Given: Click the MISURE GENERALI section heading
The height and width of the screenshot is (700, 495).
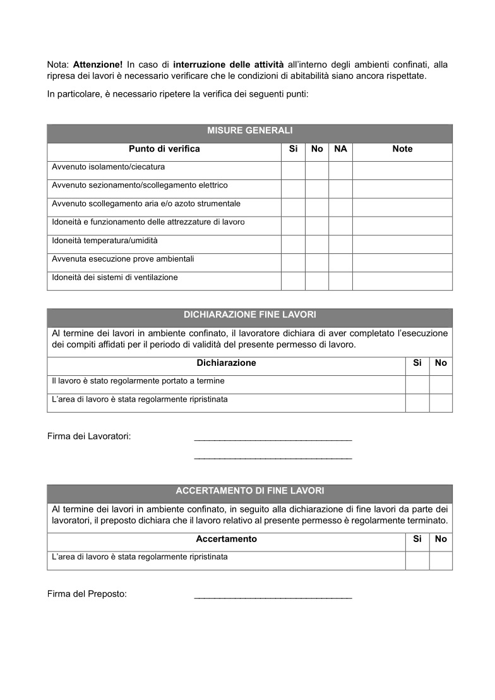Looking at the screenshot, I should [x=249, y=131].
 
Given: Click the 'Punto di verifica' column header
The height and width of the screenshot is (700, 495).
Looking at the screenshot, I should [x=164, y=149].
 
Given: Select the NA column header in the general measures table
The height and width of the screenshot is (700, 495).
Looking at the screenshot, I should [x=340, y=149].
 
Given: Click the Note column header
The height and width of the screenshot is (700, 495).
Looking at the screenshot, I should [x=402, y=149].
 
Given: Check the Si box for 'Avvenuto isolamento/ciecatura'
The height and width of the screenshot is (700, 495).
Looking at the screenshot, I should [x=293, y=171].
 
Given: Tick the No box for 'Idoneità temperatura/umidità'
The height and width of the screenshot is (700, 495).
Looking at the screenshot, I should [x=317, y=244].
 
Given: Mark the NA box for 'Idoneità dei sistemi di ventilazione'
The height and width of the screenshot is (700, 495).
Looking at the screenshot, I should [x=340, y=281].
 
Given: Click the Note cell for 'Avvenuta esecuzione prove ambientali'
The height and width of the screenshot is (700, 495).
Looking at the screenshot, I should [x=402, y=263].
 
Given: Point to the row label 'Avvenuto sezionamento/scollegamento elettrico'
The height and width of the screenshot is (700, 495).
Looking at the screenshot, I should [x=140, y=186].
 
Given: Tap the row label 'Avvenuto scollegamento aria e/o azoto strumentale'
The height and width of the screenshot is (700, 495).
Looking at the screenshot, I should [x=146, y=204].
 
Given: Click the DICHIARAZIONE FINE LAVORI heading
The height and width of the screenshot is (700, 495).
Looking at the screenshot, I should [x=249, y=314].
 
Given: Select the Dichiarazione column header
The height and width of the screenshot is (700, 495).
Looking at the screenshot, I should [x=226, y=363].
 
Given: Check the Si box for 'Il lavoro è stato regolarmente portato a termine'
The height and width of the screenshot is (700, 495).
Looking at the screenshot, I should [x=417, y=385].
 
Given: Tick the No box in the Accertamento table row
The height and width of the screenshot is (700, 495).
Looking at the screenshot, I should [x=441, y=560].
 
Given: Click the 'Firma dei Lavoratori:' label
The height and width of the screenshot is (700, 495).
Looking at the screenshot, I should [x=89, y=436].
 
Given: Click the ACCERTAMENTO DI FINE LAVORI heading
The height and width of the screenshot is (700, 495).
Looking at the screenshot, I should [x=249, y=490].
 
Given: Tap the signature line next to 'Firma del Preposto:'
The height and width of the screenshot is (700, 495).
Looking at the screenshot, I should [x=273, y=597].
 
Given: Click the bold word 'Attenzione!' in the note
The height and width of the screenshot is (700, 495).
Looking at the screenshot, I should [x=98, y=64].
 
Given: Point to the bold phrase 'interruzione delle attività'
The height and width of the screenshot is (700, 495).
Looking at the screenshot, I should [x=228, y=64].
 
